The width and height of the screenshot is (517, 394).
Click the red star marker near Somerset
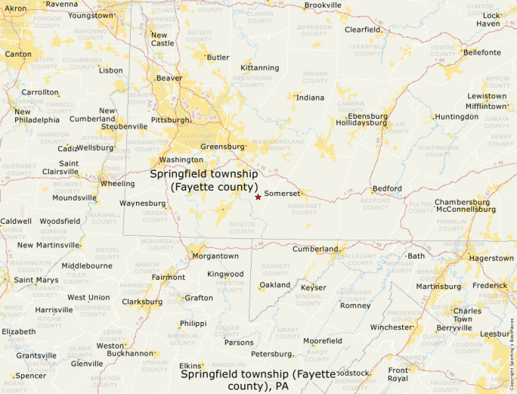(258, 197)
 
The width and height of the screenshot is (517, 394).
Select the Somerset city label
(282, 194)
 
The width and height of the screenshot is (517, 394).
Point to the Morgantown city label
(215, 256)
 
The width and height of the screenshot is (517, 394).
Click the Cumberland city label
(315, 249)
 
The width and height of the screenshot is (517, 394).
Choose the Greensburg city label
(222, 146)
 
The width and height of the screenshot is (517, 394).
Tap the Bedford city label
(387, 188)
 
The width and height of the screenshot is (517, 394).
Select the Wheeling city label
(117, 183)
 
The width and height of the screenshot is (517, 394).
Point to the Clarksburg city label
(141, 302)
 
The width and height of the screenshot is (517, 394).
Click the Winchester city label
(391, 327)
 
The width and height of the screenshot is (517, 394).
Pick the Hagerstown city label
(491, 258)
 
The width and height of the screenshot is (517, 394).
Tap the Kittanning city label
(259, 67)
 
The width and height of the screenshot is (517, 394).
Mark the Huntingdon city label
(457, 117)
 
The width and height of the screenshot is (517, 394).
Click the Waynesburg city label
(142, 203)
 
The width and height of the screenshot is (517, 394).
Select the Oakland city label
(274, 285)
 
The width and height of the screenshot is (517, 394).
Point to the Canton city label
(18, 54)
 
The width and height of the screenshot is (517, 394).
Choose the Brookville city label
(323, 5)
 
